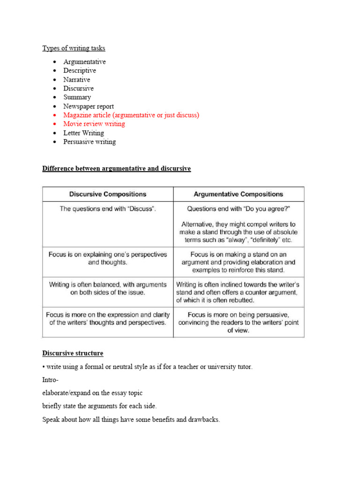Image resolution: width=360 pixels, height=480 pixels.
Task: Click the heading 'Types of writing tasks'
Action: point(74,48)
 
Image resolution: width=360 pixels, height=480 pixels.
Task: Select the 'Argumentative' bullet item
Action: point(85,62)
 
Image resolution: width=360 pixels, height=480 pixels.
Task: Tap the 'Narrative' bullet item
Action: point(77,80)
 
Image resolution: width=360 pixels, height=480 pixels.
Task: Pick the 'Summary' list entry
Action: point(77,97)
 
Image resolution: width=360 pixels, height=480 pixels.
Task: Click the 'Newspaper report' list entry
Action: point(89,106)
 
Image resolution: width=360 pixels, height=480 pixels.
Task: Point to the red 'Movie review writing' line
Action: point(94,124)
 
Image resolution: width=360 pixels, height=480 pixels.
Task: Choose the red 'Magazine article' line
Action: point(131,115)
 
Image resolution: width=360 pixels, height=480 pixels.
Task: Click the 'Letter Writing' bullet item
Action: point(84,133)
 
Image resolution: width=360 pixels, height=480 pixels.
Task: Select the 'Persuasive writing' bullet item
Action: point(90,142)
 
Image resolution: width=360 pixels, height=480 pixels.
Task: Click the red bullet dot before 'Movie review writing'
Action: point(54,124)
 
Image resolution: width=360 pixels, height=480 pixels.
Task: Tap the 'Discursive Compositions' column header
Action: point(108,194)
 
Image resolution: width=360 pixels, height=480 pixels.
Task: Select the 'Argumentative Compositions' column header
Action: point(239,194)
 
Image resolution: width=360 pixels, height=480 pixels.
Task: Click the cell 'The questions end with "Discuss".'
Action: point(108,209)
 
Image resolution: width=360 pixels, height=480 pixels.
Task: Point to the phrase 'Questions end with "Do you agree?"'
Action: point(239,209)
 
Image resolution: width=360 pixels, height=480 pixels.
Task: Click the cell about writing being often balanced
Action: point(108,288)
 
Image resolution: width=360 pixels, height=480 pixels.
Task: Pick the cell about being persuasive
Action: point(239,322)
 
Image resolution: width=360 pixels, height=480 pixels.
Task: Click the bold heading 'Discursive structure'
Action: point(73,353)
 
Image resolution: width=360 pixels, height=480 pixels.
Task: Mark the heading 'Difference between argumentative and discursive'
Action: point(117,169)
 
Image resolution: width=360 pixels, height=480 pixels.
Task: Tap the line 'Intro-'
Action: point(50,380)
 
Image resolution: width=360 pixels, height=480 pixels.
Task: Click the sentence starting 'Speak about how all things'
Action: point(131,420)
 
